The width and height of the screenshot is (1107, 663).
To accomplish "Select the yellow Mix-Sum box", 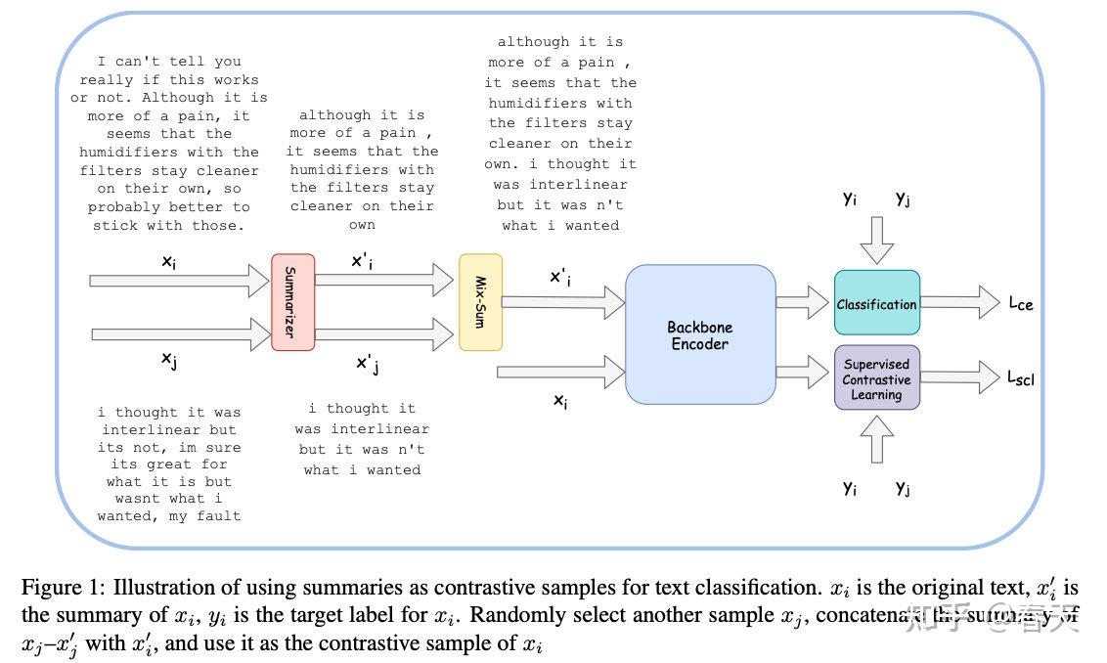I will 480,302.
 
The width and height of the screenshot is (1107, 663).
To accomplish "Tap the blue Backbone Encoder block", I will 699,335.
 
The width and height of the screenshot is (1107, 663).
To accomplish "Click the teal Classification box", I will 876,304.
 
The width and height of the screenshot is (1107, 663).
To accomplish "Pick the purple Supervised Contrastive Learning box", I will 876,378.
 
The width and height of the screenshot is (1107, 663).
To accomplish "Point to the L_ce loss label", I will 1020,304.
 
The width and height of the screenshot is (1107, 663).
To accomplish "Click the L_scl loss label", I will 1021,378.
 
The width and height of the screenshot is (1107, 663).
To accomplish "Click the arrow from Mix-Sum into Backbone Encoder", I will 562,303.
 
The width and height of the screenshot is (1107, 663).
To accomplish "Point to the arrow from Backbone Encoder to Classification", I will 803,303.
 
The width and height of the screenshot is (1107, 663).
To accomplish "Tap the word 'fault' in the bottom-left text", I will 218,515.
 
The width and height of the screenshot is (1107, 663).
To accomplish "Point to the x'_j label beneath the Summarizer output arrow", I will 367,365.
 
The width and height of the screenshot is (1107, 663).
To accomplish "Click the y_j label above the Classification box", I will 904,199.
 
